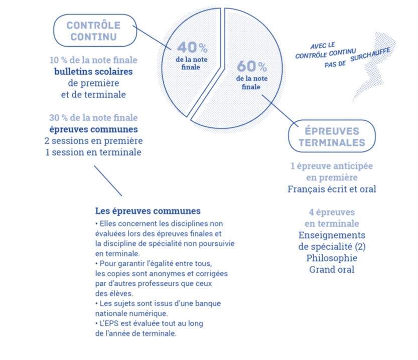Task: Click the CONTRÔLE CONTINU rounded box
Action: click(x=95, y=15)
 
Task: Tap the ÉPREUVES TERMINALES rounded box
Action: click(x=332, y=120)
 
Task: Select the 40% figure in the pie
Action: click(x=192, y=48)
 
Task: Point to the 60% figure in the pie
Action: click(x=252, y=66)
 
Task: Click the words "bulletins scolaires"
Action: click(x=93, y=72)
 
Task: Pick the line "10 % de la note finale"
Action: click(x=93, y=60)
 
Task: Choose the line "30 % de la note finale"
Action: click(x=93, y=118)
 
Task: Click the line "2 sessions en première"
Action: click(x=93, y=140)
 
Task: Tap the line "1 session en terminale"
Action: click(x=93, y=152)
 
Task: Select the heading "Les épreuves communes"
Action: click(x=148, y=211)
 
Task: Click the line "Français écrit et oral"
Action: click(x=332, y=189)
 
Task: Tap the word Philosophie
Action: click(x=332, y=258)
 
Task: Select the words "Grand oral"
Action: click(x=332, y=269)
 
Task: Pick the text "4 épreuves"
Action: click(x=332, y=212)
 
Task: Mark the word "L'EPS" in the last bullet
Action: click(x=109, y=323)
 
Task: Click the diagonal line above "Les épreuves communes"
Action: click(x=108, y=181)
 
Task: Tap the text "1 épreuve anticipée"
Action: click(x=332, y=166)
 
